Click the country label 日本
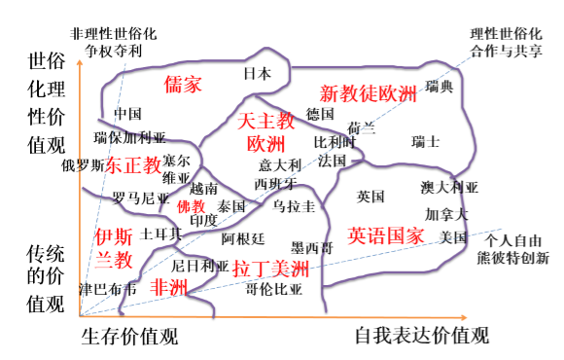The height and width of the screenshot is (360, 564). tap(257, 74)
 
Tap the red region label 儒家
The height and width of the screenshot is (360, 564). tap(183, 85)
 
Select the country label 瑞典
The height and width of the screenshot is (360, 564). tap(440, 87)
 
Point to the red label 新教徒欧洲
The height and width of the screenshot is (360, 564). tap(368, 93)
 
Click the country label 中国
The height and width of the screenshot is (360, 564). tap(127, 114)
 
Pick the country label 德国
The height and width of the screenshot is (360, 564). tap(320, 114)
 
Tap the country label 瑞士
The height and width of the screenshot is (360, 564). tap(426, 141)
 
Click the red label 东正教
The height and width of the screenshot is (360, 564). tap(133, 165)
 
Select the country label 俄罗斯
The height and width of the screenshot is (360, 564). tap(83, 165)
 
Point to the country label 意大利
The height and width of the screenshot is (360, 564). tap(280, 165)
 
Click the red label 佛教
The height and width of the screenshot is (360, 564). tap(191, 206)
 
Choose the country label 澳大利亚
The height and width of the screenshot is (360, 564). tap(449, 188)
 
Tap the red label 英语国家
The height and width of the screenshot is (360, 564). tap(386, 235)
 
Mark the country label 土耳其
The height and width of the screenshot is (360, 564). tap(160, 234)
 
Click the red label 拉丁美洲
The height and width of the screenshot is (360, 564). tap(270, 269)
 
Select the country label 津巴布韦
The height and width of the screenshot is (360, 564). tap(108, 289)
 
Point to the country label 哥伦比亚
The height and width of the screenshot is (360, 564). tap(273, 289)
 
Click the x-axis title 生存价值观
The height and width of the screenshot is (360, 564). tap(129, 336)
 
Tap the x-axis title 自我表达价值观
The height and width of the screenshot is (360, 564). tap(422, 336)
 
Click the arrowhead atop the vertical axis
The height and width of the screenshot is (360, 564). tap(80, 62)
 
